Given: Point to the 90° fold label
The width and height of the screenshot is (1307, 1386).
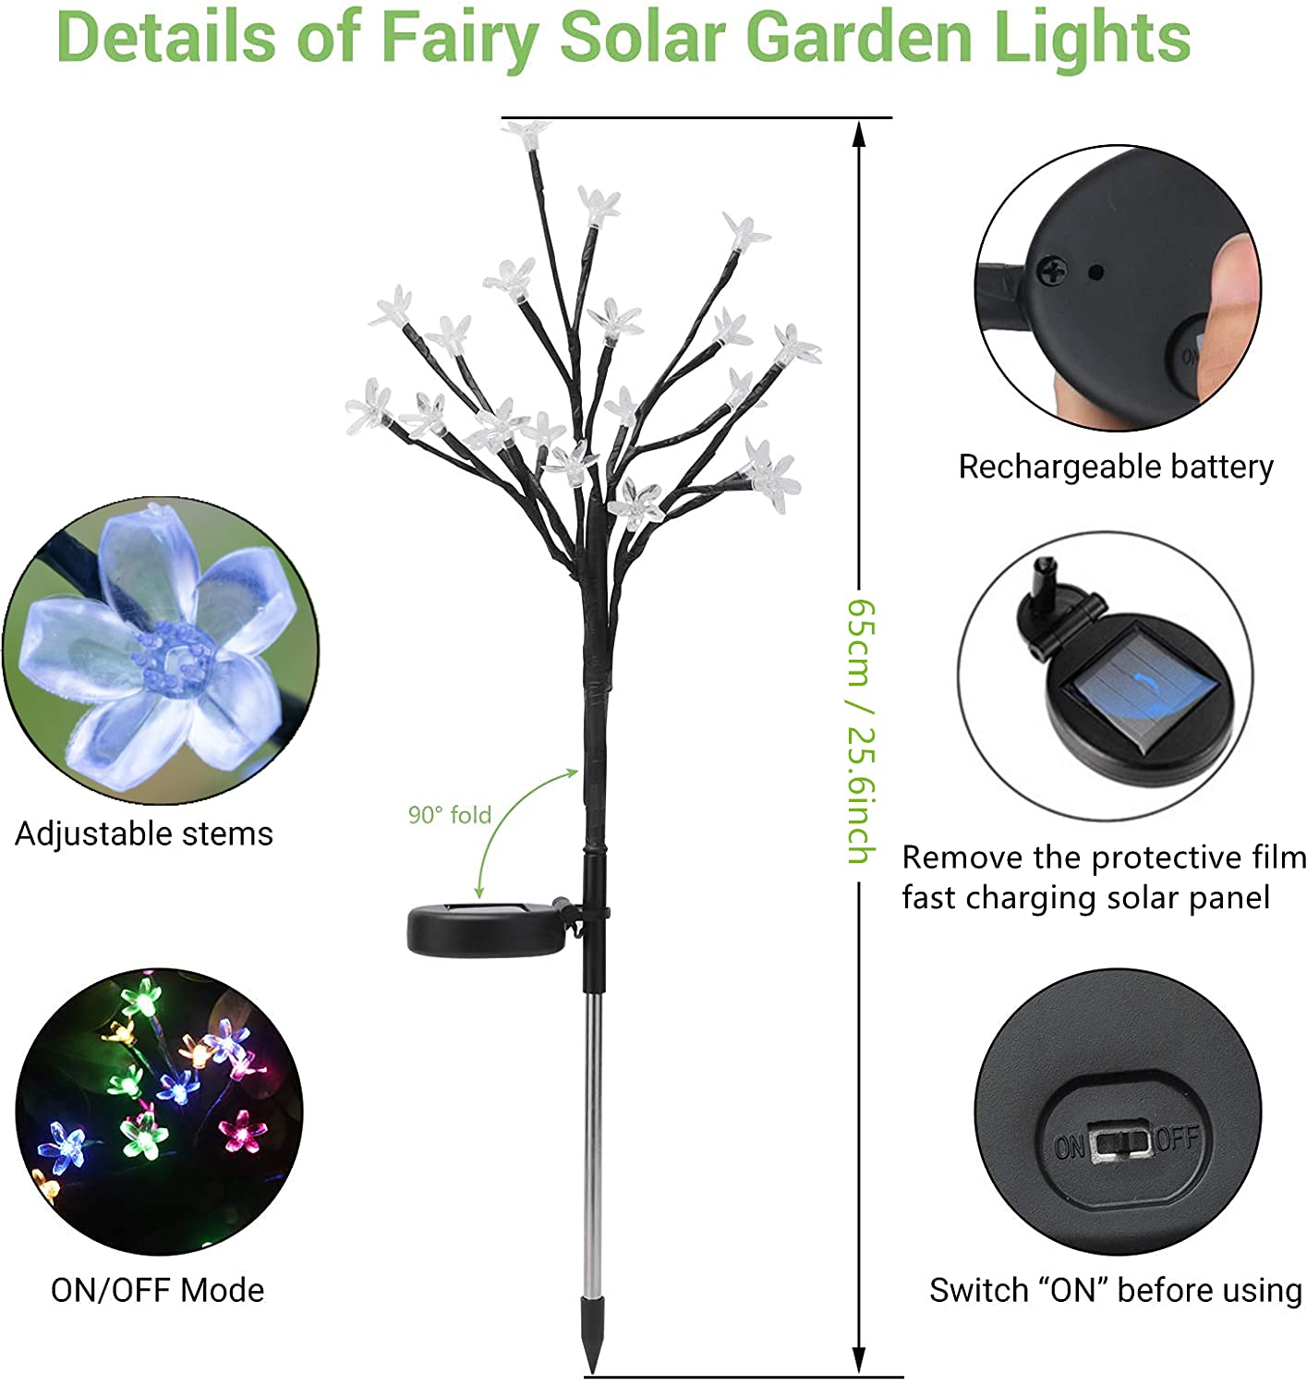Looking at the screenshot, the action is click(450, 814).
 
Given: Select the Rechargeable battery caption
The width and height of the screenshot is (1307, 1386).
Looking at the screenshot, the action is click(1115, 467).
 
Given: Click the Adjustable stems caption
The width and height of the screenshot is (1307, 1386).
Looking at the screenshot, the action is click(144, 834).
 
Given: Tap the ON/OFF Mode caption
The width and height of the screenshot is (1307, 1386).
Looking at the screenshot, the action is click(158, 1291).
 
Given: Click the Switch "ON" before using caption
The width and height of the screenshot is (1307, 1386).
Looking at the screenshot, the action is click(1115, 1291).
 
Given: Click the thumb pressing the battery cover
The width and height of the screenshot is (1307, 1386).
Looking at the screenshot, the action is click(1231, 293).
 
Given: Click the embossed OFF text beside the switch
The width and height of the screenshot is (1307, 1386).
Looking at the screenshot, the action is click(1178, 1138).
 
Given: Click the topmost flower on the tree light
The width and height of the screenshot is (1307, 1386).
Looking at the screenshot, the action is click(528, 133).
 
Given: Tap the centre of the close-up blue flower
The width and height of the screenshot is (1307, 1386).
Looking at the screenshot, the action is click(173, 661).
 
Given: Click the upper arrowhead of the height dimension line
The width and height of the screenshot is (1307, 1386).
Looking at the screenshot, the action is click(860, 134).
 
